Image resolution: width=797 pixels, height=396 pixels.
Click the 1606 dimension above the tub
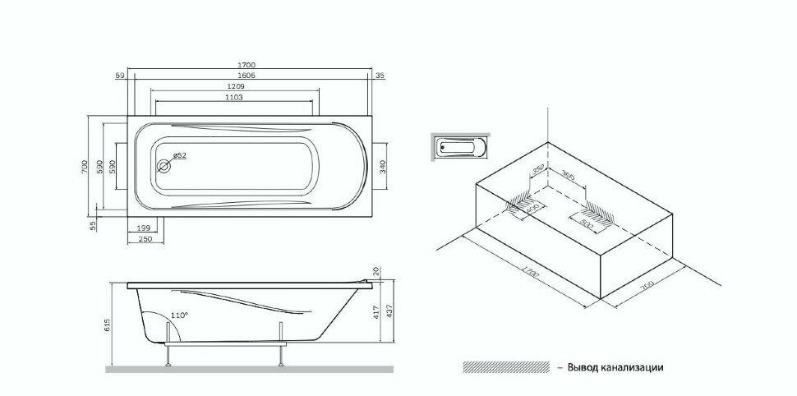(x=247, y=75)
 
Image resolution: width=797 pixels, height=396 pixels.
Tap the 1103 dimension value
(x=233, y=97)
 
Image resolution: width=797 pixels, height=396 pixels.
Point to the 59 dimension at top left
(x=120, y=75)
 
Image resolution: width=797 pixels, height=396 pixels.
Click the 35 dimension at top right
(x=380, y=75)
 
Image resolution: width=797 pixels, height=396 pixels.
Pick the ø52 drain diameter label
(x=179, y=154)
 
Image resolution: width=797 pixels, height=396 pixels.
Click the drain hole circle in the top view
(x=164, y=166)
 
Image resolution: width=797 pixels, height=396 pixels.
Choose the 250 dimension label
(x=145, y=238)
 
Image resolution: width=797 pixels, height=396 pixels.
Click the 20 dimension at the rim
(x=377, y=272)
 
